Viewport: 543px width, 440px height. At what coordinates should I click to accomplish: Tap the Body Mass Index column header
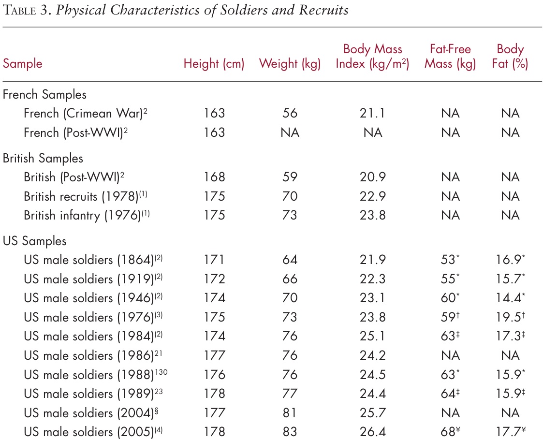point(372,57)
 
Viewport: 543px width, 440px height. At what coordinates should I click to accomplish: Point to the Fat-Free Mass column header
point(450,57)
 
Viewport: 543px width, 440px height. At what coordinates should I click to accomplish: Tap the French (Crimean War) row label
point(85,114)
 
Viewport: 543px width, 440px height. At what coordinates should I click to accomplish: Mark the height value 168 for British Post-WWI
point(215,177)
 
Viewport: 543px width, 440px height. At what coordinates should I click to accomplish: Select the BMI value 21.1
point(372,114)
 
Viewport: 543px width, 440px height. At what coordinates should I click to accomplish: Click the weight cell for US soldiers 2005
point(290,432)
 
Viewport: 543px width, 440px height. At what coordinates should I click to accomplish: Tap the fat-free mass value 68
point(448,432)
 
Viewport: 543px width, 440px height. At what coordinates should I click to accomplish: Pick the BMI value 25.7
point(372,413)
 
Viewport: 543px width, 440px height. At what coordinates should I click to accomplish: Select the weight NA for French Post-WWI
point(290,132)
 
